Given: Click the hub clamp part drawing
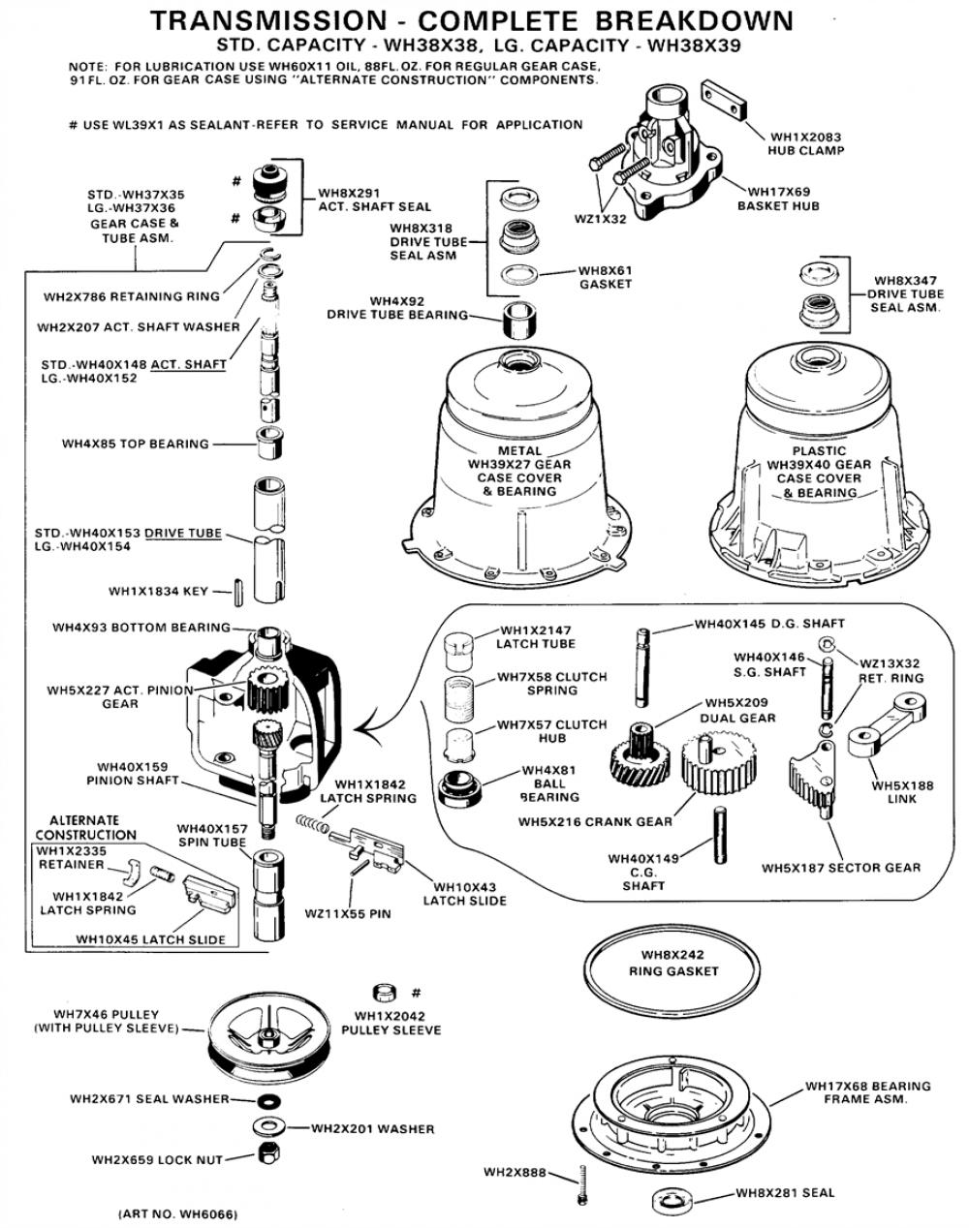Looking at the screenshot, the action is pos(724,100).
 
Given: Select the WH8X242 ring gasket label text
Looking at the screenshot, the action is pos(673,964).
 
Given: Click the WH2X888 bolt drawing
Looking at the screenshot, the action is pos(581,1184).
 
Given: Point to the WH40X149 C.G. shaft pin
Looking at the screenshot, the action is pos(720,836).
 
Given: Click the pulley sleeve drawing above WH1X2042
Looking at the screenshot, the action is pos(385,993).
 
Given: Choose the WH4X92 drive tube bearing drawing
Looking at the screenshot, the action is pos(519,321).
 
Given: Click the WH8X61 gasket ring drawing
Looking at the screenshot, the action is pos(519,275).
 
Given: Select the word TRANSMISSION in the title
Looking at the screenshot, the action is pos(269,21).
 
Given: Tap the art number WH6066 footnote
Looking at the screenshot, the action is pos(177,1213).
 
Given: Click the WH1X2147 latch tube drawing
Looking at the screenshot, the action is pos(458,651).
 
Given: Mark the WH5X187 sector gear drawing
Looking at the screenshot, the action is pos(813,778).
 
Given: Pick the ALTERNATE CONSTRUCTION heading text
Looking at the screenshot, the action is pos(85,827).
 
